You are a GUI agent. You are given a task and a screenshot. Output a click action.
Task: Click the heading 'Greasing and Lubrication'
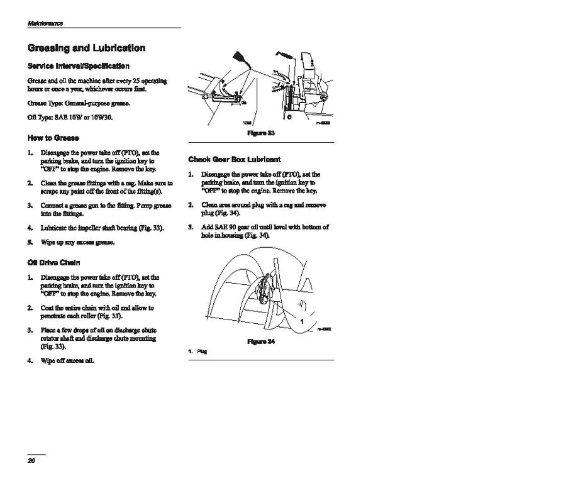[x=87, y=48]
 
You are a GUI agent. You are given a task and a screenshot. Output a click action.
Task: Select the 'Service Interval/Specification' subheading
[x=79, y=66]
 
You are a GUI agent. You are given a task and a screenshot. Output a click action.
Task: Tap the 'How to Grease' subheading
[x=53, y=138]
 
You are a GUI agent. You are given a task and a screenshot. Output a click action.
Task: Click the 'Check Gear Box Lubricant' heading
[x=235, y=160]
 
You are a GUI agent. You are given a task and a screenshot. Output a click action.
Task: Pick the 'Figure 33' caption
[x=261, y=133]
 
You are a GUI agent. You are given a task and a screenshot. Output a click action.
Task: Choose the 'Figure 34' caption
[x=261, y=341]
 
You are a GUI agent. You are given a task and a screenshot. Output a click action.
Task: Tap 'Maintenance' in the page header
[x=45, y=23]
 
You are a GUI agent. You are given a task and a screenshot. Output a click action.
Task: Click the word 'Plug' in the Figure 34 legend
[x=203, y=351]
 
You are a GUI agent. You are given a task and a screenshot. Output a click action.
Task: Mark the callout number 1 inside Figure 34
[x=303, y=321]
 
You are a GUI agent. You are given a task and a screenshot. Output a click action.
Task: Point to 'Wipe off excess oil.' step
[x=67, y=360]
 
